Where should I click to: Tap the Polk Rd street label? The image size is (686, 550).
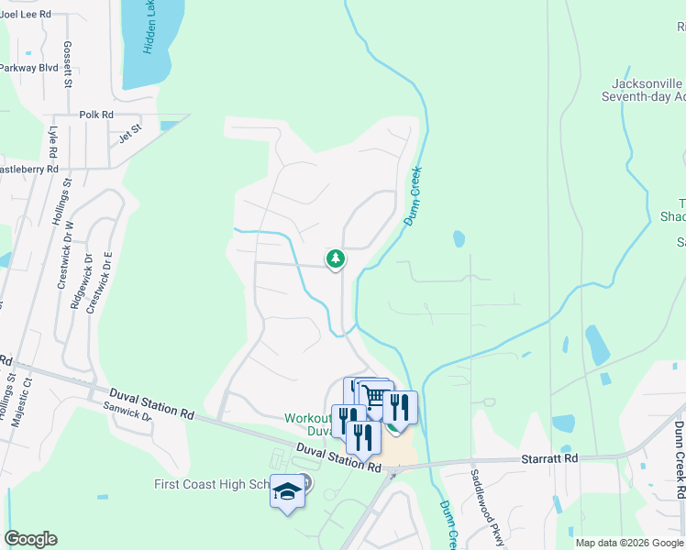pyautogui.click(x=95, y=115)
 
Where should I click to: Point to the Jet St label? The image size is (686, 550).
pyautogui.click(x=130, y=130)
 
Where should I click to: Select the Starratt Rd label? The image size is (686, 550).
pyautogui.click(x=548, y=456)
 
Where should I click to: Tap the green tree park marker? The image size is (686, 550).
pyautogui.click(x=336, y=259)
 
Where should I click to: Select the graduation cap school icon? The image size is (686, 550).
pyautogui.click(x=287, y=493)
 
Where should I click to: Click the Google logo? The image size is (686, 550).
pyautogui.click(x=30, y=539)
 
